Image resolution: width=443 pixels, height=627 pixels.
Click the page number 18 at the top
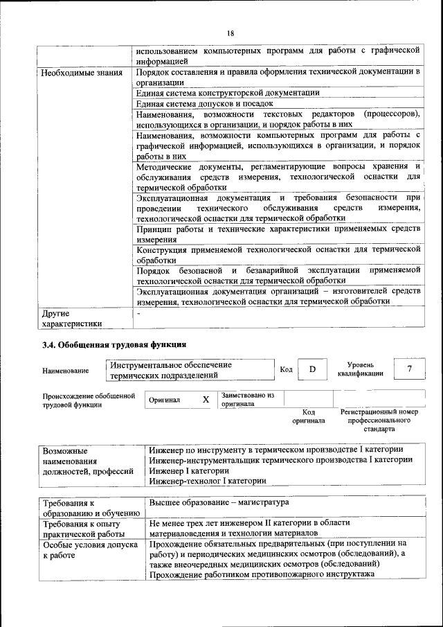pos(230,33)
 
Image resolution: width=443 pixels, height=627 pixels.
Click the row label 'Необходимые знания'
pos(82,72)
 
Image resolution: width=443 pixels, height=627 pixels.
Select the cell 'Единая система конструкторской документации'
pos(228,92)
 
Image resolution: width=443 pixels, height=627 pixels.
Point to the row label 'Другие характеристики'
pos(72,318)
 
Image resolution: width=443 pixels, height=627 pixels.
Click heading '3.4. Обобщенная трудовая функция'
pos(114,344)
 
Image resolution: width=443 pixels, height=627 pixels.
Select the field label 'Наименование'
pos(66,371)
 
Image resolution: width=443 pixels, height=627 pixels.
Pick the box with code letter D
pos(312,369)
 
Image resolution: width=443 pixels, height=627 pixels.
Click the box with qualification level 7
pos(409,369)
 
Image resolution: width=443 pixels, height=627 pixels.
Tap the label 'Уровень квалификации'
pos(360,369)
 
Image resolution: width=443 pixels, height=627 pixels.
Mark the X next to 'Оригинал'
pos(206,400)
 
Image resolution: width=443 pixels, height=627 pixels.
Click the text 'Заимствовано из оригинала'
pos(248,399)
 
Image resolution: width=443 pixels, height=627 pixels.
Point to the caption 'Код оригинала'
pos(309,416)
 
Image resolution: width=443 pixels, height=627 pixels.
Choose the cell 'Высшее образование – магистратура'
pos(219,502)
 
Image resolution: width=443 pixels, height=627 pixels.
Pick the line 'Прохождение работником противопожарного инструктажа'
pos(262,574)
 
